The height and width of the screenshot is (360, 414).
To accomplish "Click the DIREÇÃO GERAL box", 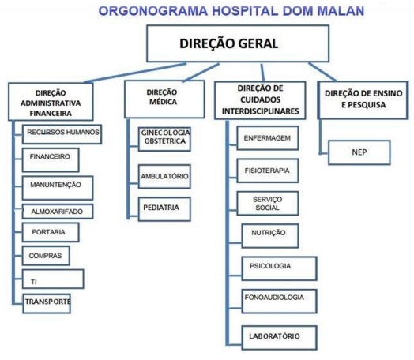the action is click(238, 43).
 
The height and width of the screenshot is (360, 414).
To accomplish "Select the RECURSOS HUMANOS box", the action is click(62, 134).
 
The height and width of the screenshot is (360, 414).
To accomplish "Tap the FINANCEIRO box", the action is click(51, 159).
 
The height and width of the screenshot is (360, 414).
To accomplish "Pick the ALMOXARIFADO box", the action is click(58, 212).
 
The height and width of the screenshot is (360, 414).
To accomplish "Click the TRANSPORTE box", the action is click(47, 304).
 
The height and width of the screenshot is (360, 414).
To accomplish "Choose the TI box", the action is click(53, 279).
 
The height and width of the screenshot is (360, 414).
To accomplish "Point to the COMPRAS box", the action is click(46, 256).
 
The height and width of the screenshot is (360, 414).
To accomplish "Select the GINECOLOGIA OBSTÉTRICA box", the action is click(164, 139).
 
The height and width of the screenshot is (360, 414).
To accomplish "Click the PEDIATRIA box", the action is click(164, 209).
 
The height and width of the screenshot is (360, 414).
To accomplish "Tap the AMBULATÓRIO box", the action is click(164, 176).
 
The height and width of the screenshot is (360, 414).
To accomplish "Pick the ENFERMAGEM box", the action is click(268, 138).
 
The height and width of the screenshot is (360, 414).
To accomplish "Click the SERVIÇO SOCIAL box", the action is click(268, 204).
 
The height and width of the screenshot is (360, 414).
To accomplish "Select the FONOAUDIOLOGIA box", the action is click(279, 302).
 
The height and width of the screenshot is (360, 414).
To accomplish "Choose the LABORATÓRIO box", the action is click(279, 338).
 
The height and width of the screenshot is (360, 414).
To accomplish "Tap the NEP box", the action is click(359, 152).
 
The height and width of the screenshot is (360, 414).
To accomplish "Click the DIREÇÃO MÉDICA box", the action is click(164, 99).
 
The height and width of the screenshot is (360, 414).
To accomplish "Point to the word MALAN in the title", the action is click(341, 11).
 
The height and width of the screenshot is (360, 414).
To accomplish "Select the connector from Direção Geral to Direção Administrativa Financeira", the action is click(135, 73).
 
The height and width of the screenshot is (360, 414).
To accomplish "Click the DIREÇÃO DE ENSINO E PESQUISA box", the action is click(363, 100).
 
